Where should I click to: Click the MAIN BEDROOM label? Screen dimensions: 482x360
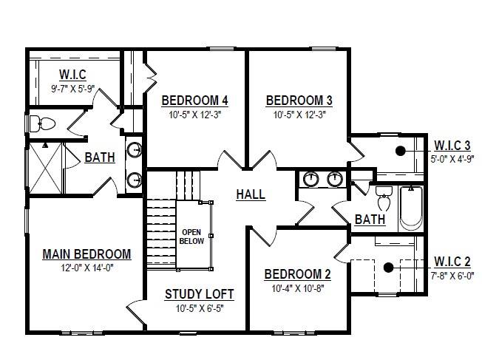pos(86,254)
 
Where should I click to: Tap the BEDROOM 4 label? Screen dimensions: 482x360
pos(195,101)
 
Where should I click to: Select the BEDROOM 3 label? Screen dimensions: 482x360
pos(299,101)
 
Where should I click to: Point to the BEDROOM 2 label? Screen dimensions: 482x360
pos(298,274)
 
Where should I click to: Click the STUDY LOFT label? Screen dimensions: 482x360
pos(199,294)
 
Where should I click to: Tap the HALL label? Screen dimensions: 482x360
pos(251,194)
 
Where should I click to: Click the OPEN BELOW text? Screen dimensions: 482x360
pos(191,237)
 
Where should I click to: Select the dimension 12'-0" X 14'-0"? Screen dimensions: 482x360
pos(87,268)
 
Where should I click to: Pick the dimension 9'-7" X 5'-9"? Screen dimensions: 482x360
pos(73,89)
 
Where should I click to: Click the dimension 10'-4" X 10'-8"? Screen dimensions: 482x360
pos(298,288)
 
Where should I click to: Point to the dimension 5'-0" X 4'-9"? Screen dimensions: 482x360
pos(452,159)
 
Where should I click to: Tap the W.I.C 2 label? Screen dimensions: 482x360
pos(452,262)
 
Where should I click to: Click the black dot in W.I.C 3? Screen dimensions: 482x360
pos(400,151)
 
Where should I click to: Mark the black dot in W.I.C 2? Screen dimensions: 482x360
pos(389,268)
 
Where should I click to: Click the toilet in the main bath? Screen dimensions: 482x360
pos(42,124)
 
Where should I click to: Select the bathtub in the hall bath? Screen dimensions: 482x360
pos(411,208)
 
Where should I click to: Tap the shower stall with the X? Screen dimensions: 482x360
pos(45,168)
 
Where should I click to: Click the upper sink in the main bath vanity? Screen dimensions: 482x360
pos(135,150)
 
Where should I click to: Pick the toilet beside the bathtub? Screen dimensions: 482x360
pos(384,199)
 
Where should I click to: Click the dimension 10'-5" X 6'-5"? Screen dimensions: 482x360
pos(200,308)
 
